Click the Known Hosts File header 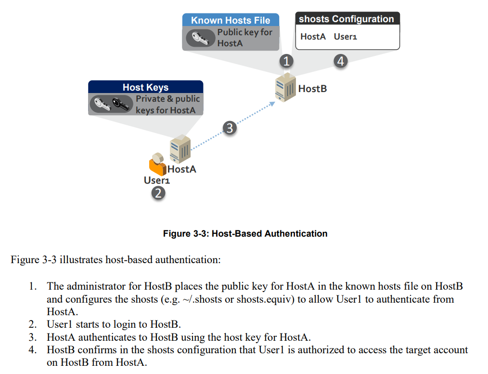231,20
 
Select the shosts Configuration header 347,19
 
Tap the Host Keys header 145,87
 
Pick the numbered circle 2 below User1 158,193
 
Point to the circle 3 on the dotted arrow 230,128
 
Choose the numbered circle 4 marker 341,61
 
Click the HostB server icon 284,87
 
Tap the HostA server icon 180,149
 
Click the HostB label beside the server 312,89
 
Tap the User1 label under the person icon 157,180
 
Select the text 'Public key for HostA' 244,38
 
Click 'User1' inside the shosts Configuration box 345,37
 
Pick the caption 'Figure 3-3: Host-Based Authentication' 245,234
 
